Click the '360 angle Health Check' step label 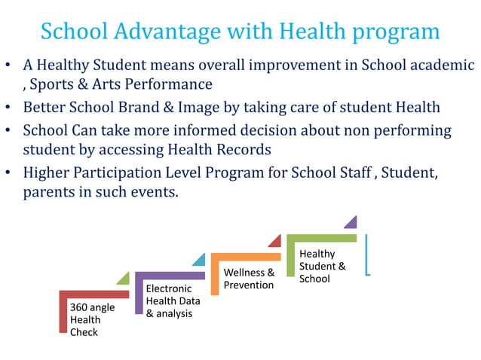pos(86,319)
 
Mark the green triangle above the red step pos(123,278)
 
